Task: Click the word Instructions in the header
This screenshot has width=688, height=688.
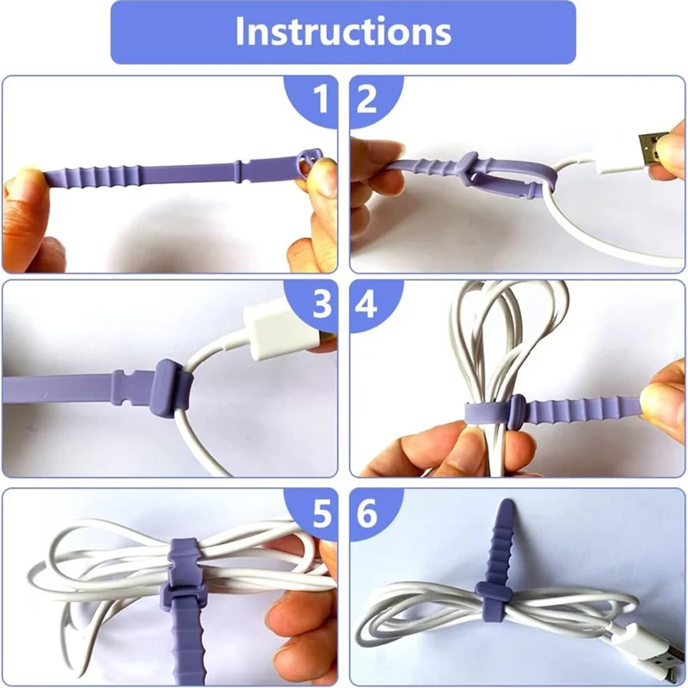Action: pyautogui.click(x=343, y=31)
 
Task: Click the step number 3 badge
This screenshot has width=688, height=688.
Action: pyautogui.click(x=320, y=303)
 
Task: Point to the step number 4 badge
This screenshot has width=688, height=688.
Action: pyautogui.click(x=367, y=303)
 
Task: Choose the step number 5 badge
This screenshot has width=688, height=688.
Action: pyautogui.click(x=320, y=514)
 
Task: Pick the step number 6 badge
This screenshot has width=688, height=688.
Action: pyautogui.click(x=367, y=514)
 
